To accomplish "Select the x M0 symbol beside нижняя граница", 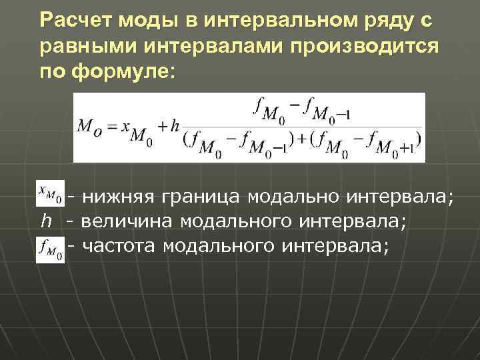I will pos(51,193).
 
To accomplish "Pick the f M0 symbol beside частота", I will pos(51,249).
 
